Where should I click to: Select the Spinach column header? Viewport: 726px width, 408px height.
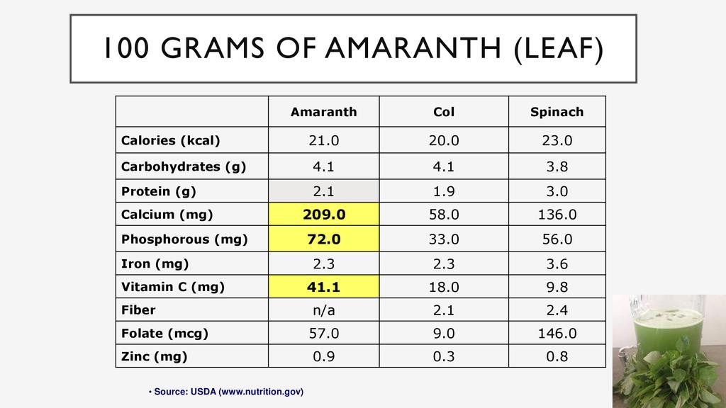click(557, 112)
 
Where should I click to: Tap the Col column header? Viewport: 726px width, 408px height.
click(444, 112)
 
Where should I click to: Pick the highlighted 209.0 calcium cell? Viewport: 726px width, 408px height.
click(324, 215)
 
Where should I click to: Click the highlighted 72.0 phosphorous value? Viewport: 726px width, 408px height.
click(324, 239)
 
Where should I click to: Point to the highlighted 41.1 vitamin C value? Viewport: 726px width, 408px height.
click(324, 287)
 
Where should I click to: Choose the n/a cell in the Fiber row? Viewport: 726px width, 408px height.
click(324, 310)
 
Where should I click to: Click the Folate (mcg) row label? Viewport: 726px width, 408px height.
click(165, 333)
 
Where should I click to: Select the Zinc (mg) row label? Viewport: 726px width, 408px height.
click(155, 356)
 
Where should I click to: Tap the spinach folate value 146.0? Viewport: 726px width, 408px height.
click(557, 333)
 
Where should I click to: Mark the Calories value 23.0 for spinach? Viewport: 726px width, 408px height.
click(557, 140)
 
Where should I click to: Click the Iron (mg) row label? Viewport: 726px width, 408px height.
click(155, 264)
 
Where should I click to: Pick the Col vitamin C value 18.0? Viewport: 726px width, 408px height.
click(444, 287)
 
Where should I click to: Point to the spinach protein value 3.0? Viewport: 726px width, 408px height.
click(557, 191)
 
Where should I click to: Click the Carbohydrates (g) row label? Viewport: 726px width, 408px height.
click(184, 167)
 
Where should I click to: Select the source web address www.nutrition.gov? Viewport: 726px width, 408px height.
click(261, 392)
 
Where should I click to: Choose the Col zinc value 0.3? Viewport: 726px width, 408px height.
click(444, 356)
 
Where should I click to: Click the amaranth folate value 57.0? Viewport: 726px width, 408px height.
click(324, 333)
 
